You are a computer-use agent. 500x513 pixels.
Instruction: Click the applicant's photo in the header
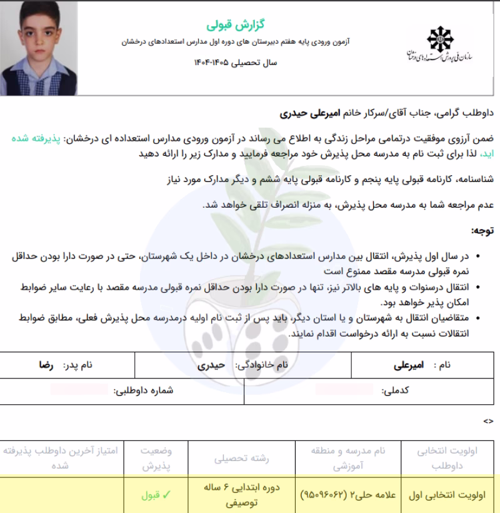point(39,48)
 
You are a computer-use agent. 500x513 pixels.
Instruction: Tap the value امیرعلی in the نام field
point(409,364)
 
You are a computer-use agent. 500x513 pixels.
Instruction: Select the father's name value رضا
point(45,364)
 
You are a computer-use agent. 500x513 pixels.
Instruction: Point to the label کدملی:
point(395,390)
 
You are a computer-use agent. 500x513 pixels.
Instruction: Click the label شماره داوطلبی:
point(143,390)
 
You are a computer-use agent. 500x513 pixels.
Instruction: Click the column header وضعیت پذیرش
point(156,458)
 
